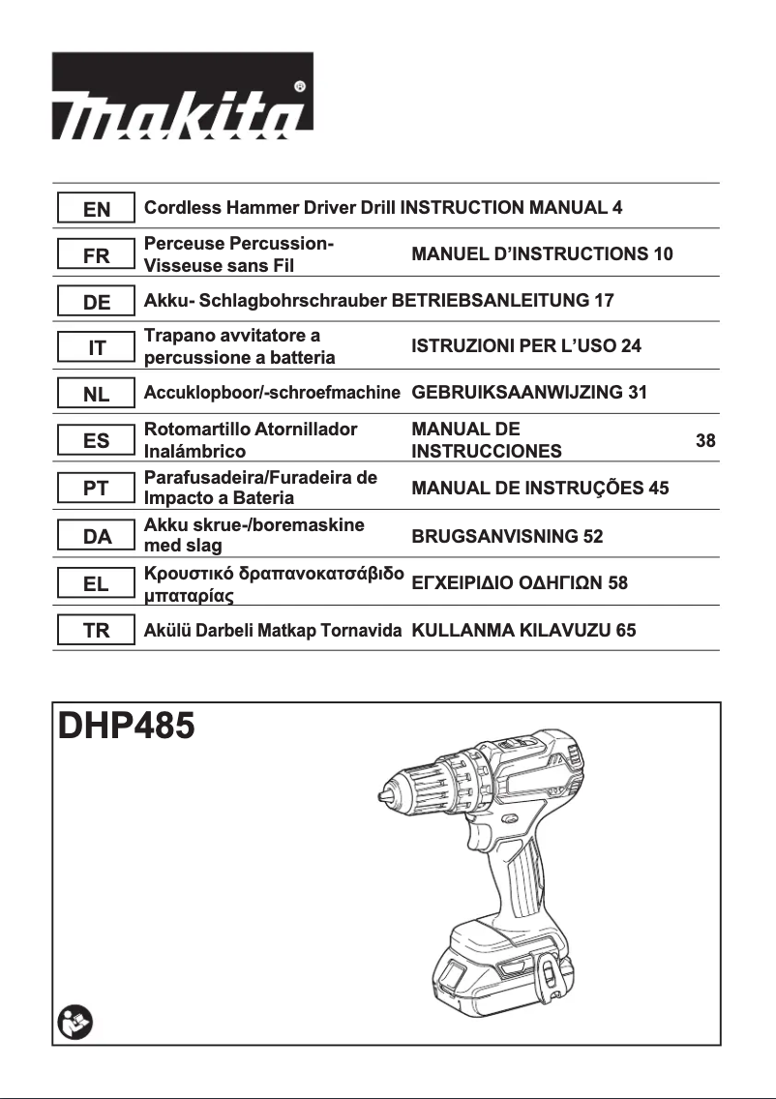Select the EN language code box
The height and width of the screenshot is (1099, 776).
[96, 208]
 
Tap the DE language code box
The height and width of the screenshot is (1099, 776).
[96, 302]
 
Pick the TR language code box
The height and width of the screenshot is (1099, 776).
[96, 631]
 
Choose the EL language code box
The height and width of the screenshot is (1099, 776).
[96, 584]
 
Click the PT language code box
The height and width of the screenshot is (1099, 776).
[96, 489]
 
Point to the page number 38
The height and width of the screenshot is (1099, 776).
[705, 441]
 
